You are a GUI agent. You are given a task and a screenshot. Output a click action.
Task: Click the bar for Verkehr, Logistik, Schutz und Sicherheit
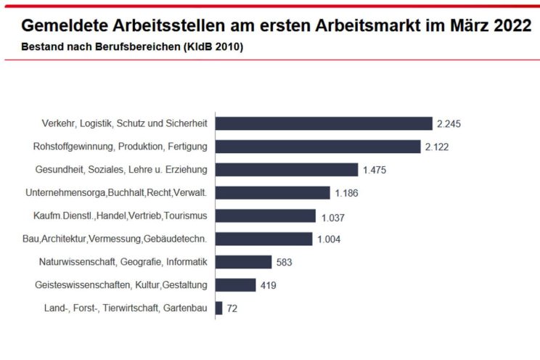click(x=324, y=123)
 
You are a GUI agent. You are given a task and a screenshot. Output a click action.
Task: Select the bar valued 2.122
click(x=318, y=147)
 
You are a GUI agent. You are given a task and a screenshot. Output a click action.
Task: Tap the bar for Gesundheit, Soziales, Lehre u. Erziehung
click(x=287, y=170)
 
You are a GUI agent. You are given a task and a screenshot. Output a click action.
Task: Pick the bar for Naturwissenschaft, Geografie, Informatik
click(x=244, y=262)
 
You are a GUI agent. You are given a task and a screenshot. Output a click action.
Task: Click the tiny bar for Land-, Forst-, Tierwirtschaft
click(x=219, y=308)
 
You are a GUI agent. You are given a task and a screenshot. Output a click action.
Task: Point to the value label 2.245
click(x=449, y=124)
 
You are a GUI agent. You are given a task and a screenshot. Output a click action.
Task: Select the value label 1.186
click(x=347, y=194)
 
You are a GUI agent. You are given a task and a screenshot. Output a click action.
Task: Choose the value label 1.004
click(x=329, y=240)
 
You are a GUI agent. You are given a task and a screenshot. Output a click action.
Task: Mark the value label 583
click(x=284, y=263)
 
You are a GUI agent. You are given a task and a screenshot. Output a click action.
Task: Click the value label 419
click(x=268, y=286)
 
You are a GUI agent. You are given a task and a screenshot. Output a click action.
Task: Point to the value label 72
click(x=232, y=309)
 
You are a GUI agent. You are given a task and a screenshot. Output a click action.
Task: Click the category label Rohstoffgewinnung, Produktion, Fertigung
click(x=120, y=147)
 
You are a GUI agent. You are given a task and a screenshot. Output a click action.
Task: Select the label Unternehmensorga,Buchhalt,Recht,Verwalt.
click(x=116, y=193)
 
